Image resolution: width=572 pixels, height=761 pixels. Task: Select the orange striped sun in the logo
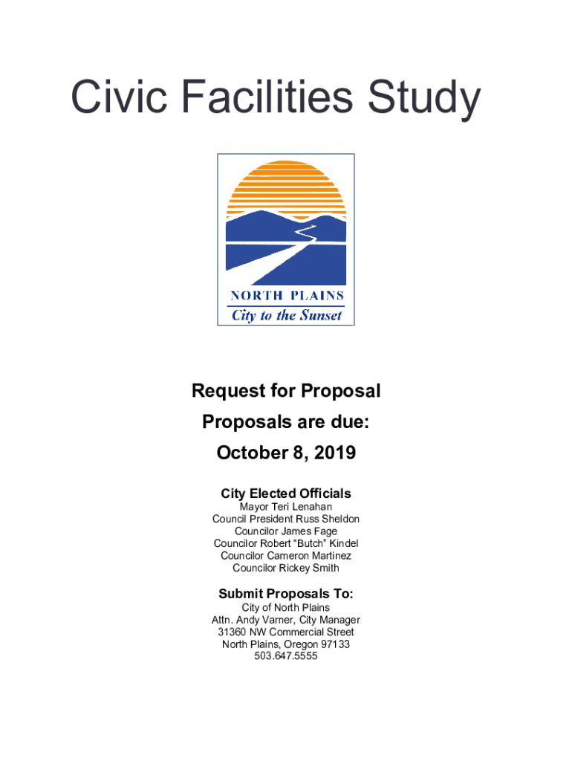click(286, 190)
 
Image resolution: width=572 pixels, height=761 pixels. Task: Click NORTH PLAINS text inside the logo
click(286, 295)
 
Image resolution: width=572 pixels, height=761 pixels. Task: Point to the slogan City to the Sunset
click(286, 315)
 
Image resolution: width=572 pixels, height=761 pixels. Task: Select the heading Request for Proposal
click(286, 391)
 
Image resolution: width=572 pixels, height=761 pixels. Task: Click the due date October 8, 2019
click(286, 453)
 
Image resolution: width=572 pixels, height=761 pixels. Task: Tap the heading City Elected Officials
click(286, 493)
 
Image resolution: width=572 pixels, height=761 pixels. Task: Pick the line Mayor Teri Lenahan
click(286, 507)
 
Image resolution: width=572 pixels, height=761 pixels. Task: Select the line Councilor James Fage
click(286, 531)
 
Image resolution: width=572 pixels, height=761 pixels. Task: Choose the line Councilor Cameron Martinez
click(286, 556)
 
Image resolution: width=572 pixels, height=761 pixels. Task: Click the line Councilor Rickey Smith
click(286, 568)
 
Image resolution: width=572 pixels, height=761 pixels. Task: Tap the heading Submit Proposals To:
click(286, 594)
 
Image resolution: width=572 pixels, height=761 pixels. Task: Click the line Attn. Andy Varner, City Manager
click(286, 620)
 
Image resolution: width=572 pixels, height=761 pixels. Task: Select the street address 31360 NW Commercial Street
click(286, 632)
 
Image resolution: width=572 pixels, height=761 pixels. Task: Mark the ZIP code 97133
click(335, 644)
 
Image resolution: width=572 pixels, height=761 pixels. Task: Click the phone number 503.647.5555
click(286, 656)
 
